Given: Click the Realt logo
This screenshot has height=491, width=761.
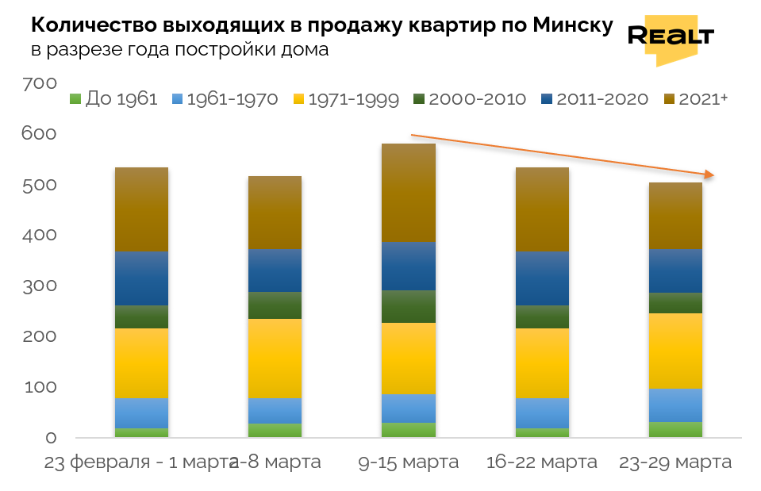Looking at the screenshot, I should point(671,36).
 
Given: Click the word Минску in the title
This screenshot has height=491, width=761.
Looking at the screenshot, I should point(572,25).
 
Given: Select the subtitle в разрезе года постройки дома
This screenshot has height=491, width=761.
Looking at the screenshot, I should point(179,50).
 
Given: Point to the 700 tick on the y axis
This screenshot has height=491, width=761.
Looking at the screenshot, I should point(40,83).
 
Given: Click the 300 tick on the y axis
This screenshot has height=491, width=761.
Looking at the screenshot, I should point(40,286).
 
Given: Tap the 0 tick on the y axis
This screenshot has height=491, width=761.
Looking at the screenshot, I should point(51,438).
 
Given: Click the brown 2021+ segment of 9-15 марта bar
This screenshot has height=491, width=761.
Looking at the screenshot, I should point(409,193).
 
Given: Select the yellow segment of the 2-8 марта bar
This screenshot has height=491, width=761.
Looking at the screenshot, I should point(275,358).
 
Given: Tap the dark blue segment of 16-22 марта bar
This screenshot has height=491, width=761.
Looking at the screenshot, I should point(542,278).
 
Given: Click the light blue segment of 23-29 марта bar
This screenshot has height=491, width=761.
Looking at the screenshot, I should point(675,405).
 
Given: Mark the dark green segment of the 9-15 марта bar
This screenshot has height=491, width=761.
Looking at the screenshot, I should point(409,306).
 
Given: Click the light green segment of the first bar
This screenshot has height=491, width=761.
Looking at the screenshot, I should point(142,432).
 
